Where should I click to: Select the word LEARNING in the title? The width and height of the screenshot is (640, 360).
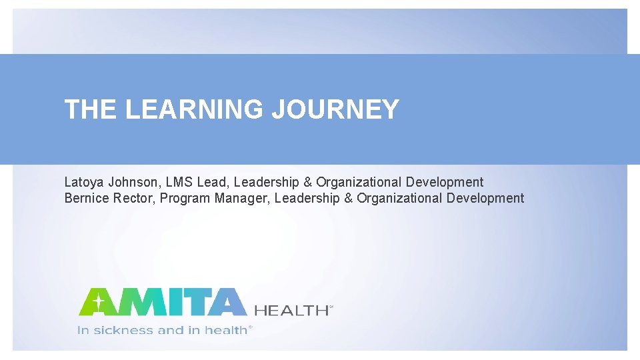point(194,109)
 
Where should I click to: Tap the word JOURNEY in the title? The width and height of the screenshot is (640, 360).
point(335,109)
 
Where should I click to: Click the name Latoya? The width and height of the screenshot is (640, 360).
point(83,182)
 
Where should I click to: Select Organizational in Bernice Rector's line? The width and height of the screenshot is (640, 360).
point(399,198)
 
